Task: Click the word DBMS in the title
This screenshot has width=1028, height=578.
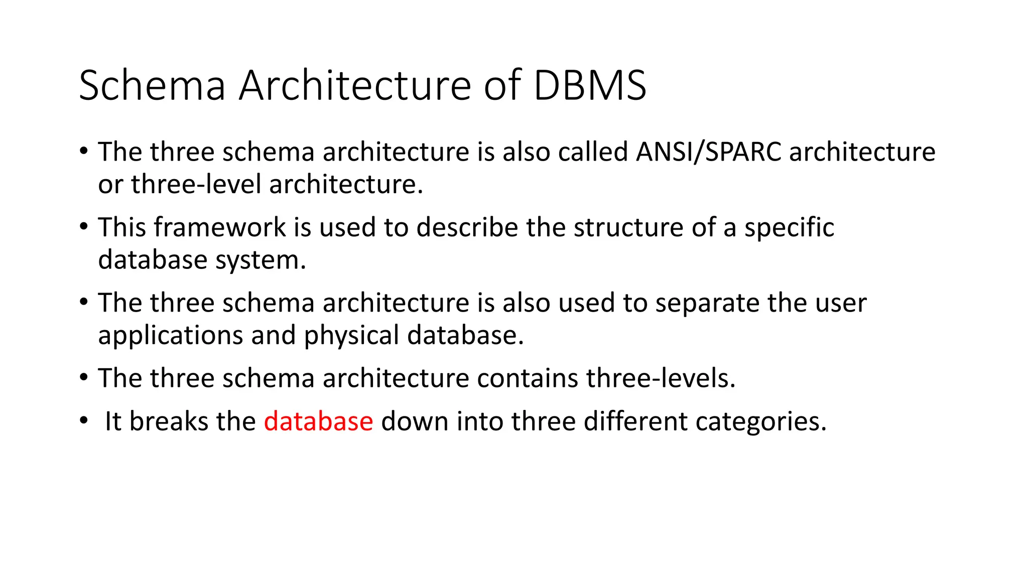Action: [590, 85]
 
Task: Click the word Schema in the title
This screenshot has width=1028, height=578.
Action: [152, 85]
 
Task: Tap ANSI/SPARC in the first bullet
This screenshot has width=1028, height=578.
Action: [708, 152]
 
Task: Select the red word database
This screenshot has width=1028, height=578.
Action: [318, 421]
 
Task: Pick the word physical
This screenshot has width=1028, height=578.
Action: [351, 336]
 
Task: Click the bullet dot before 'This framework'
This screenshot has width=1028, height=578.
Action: [83, 226]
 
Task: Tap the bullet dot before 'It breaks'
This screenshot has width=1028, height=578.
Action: [83, 420]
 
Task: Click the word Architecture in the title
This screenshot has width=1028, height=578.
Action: [354, 85]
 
